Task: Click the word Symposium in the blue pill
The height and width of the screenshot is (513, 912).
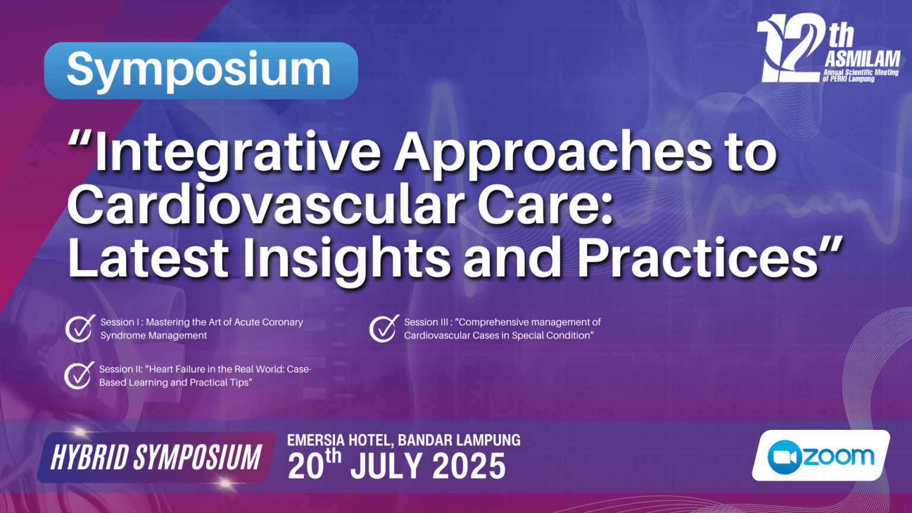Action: point(199,71)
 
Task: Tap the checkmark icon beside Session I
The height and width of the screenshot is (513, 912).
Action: point(80,328)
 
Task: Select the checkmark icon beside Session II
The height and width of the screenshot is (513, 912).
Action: point(79,375)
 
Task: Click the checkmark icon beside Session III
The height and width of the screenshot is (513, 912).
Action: point(384,328)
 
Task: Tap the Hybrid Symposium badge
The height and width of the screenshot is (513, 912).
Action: point(156,457)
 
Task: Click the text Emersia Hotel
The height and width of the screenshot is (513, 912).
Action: point(340,441)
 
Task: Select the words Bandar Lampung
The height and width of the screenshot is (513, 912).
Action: point(459,440)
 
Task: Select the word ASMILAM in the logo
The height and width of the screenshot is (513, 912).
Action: point(862,59)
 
